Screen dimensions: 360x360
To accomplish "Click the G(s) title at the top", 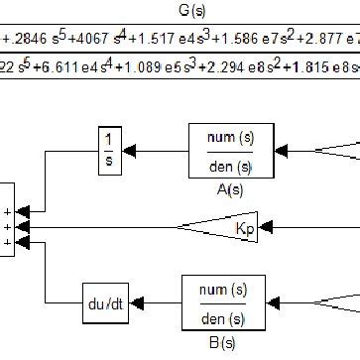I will coord(180,13).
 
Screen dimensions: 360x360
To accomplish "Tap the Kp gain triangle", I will coord(224,227).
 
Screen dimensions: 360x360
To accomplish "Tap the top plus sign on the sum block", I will coord(8,211).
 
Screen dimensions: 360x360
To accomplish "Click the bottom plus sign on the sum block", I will coord(8,241).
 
